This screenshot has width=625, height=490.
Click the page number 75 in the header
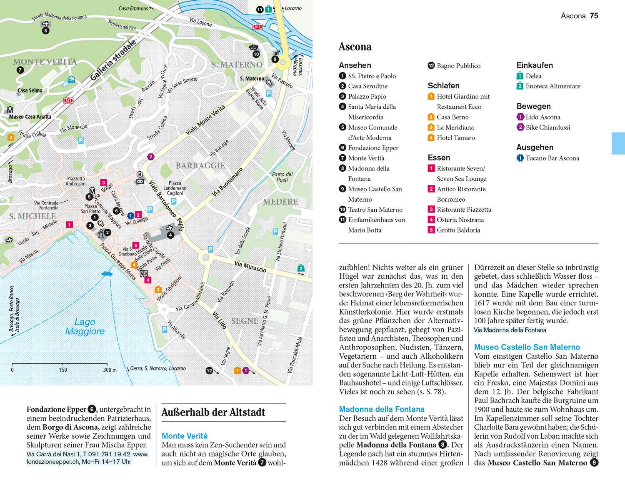coord(594,16)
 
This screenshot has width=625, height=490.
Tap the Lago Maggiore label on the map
coord(85,327)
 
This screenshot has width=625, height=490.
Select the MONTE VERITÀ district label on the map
coord(45,62)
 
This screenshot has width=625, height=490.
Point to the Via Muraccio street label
coord(250,267)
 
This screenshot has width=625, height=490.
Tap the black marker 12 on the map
coord(210,370)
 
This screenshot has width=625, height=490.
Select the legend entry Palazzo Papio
coord(367,96)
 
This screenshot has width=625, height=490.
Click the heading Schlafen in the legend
coord(443,85)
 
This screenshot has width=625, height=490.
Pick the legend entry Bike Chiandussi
coord(547,127)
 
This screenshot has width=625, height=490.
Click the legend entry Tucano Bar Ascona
coord(552,158)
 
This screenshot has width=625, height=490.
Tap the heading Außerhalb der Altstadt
coord(213,412)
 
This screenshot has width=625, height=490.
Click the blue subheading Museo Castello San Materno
coord(527,347)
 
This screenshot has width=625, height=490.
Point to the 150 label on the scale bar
coord(63,370)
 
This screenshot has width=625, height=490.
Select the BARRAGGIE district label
coord(200,165)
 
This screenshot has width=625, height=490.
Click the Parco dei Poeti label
coord(282,177)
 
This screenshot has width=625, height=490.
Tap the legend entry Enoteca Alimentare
coord(552,86)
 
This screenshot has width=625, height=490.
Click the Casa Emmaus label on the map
coord(133,8)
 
